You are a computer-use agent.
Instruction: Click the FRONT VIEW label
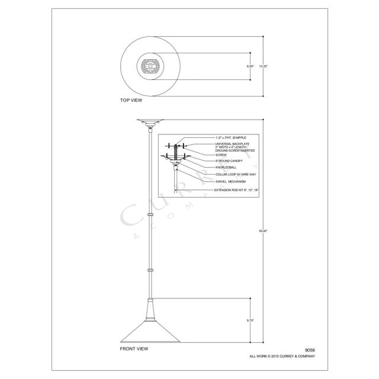click(134, 348)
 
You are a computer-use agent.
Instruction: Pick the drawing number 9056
click(309, 350)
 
